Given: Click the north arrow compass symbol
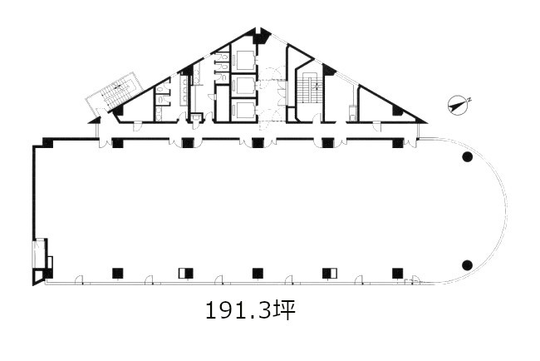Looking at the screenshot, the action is pyautogui.click(x=458, y=106).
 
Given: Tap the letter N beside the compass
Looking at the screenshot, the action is pyautogui.click(x=469, y=101).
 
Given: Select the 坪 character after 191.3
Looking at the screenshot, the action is pyautogui.click(x=284, y=310).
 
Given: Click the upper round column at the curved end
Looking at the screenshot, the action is pyautogui.click(x=467, y=157).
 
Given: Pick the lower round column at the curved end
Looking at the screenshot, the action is pyautogui.click(x=467, y=265).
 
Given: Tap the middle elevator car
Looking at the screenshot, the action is pyautogui.click(x=243, y=86).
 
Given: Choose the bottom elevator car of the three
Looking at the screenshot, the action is pyautogui.click(x=243, y=111).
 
